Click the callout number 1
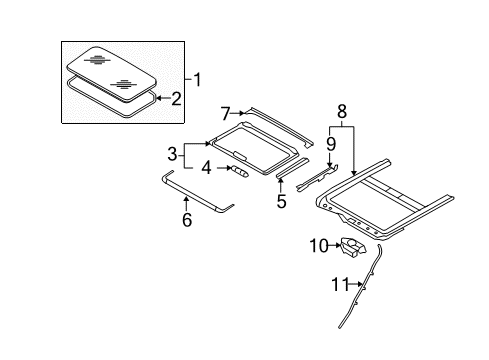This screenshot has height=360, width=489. [x=198, y=80]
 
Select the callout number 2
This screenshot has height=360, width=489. [x=176, y=98]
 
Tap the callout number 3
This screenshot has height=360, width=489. [x=172, y=155]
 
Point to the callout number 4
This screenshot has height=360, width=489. [x=206, y=168]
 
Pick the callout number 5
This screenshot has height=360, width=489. [x=281, y=201]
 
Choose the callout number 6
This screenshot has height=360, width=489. [x=187, y=219]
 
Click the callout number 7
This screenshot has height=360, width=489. [x=226, y=114]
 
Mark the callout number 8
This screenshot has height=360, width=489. [x=342, y=111]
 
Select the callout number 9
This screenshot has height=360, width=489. [x=331, y=144]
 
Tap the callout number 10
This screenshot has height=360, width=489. [x=319, y=246]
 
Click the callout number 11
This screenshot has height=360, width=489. [x=340, y=284]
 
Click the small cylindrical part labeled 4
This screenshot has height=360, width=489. [x=240, y=171]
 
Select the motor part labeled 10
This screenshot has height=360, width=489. [x=353, y=247]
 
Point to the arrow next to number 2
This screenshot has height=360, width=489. [x=163, y=98]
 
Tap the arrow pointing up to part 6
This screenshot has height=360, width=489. [x=187, y=204]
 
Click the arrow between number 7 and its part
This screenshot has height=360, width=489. [x=238, y=113]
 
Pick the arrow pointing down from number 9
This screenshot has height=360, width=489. [x=330, y=159]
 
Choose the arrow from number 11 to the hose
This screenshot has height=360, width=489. [x=356, y=284]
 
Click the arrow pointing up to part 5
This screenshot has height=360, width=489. [x=281, y=186]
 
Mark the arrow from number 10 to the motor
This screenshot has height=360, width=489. [x=335, y=246]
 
